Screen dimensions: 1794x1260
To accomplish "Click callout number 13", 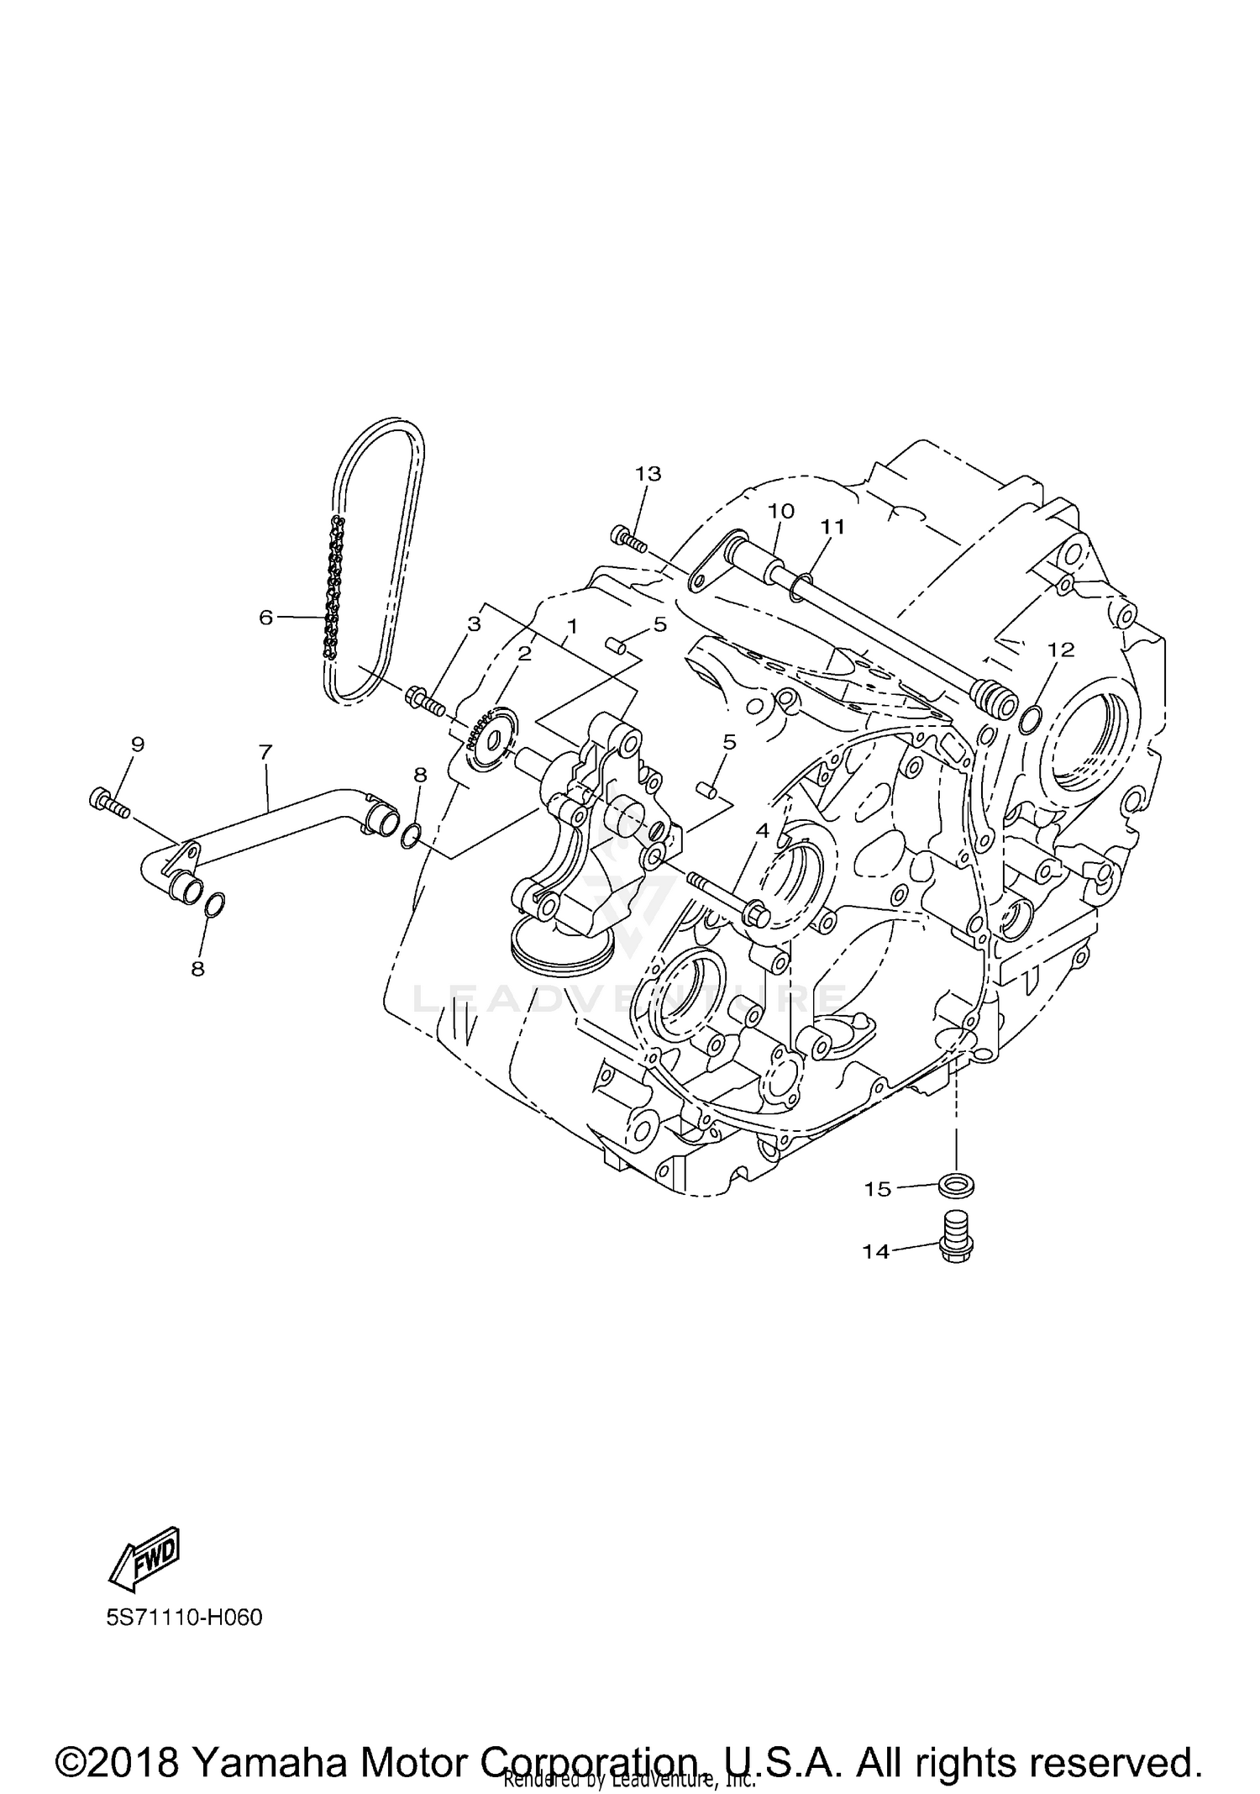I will click(x=648, y=474).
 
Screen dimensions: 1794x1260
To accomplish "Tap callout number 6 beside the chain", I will click(x=265, y=618).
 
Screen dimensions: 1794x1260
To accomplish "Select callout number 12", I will click(x=1061, y=650).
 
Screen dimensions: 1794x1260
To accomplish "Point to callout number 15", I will click(x=877, y=1190).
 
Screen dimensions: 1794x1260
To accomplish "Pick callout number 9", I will click(x=138, y=744).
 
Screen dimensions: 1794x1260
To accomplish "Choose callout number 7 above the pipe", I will click(x=265, y=752).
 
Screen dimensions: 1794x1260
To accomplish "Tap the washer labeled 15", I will click(x=957, y=1186).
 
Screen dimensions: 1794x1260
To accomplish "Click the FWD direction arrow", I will click(x=145, y=1557).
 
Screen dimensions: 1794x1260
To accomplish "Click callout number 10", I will click(x=780, y=511).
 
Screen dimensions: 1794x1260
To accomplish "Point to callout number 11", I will click(x=832, y=527).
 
